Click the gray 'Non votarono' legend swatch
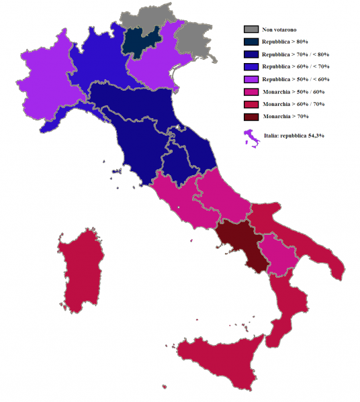pos(251,30)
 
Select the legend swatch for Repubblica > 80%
pos(251,42)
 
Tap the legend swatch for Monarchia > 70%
pos(251,117)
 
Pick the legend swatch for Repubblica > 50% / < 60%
pos(251,79)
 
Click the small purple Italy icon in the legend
pos(252,139)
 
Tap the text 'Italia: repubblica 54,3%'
pos(296,136)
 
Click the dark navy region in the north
pos(141,40)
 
